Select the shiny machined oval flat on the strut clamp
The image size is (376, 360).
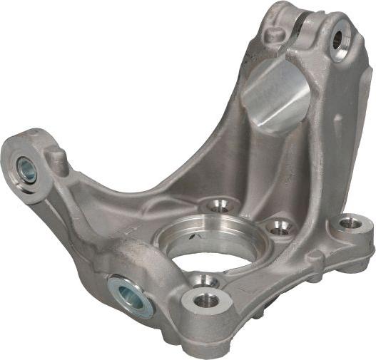click(275, 96)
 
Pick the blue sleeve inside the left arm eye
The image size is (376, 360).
click(26, 170)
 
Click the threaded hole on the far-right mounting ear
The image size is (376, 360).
click(350, 224)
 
